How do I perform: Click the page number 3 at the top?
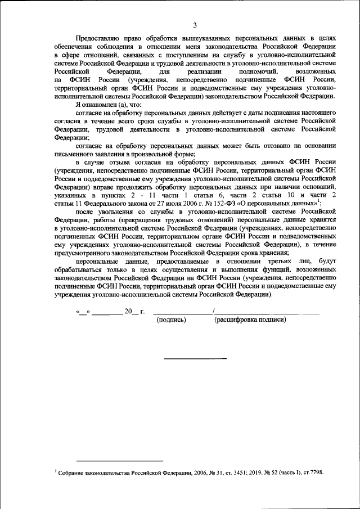194,25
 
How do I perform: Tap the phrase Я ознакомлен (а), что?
107,105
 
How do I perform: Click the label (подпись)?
171,320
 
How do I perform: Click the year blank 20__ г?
134,311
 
